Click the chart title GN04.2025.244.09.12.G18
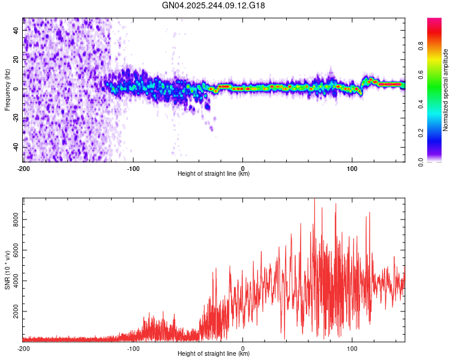[x=214, y=5]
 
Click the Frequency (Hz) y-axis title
[x=7, y=90]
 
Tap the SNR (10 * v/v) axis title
[x=7, y=270]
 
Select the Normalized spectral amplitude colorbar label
[x=445, y=90]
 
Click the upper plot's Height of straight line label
[x=214, y=174]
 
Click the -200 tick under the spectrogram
[x=23, y=169]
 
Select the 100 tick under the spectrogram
[x=352, y=169]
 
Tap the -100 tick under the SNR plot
[x=133, y=348]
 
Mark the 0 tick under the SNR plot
[x=243, y=348]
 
